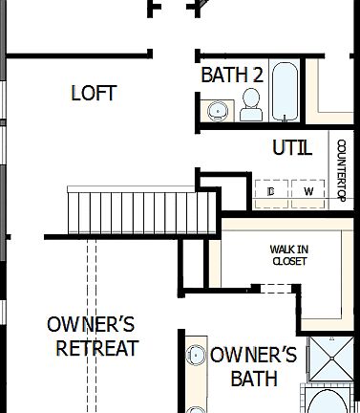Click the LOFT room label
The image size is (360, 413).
(94, 93)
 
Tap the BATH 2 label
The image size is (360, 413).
(232, 75)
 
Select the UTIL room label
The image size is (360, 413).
(291, 148)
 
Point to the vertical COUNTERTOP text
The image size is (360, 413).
(341, 172)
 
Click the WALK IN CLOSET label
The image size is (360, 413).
(288, 255)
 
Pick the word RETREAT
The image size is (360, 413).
(96, 348)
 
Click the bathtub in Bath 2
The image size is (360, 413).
(285, 91)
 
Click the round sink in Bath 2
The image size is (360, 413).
(219, 111)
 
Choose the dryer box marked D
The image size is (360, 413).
(272, 192)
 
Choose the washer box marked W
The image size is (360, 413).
(308, 192)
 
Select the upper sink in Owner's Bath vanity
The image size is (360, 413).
(197, 356)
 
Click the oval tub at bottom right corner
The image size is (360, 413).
(329, 402)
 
